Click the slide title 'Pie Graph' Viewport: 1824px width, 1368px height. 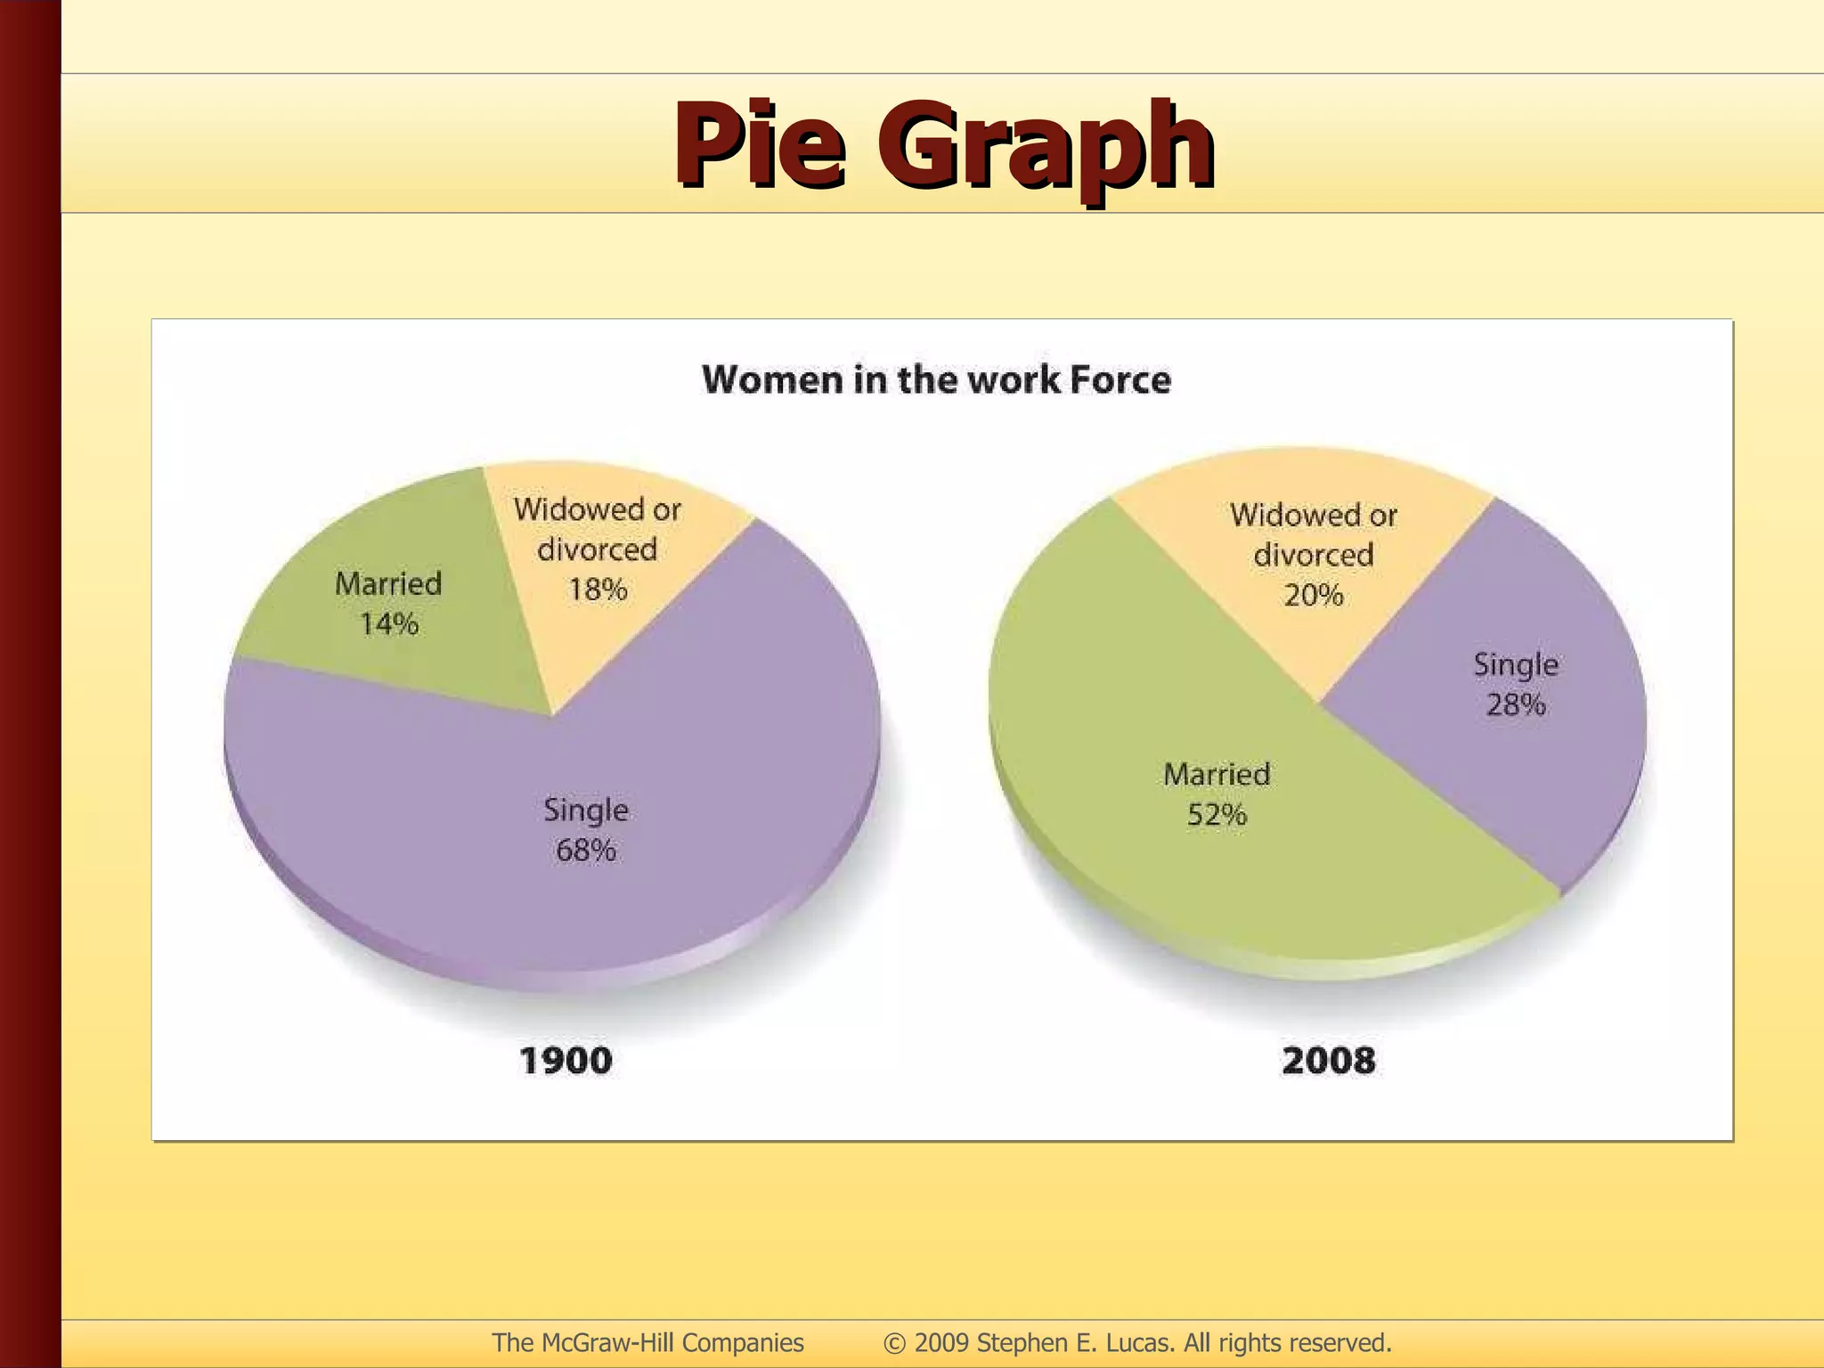(x=943, y=145)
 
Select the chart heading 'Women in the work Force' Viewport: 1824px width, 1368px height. (x=936, y=380)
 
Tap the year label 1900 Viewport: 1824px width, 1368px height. (x=566, y=1061)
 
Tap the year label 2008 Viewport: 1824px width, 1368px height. (x=1328, y=1061)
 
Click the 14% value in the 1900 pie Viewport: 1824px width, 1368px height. (x=389, y=623)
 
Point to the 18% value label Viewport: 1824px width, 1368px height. (x=598, y=590)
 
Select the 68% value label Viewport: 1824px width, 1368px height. (x=585, y=851)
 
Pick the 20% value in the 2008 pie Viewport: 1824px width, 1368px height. (x=1313, y=595)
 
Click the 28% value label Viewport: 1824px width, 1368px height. (x=1515, y=704)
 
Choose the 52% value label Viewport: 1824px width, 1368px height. (x=1217, y=815)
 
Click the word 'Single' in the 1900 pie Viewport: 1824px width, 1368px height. (x=585, y=810)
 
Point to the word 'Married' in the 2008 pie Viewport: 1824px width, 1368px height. (x=1217, y=775)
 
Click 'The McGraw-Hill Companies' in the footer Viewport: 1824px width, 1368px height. (x=647, y=1342)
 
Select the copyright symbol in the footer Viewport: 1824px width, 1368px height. (x=894, y=1343)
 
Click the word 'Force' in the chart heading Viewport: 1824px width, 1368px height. (x=1120, y=380)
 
